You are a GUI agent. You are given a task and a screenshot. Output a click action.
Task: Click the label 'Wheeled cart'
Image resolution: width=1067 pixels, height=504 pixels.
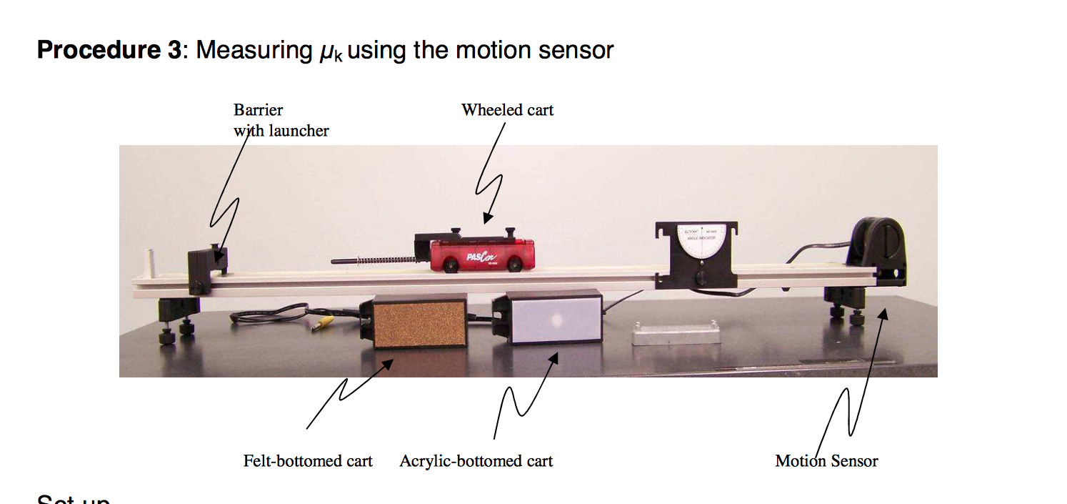(507, 110)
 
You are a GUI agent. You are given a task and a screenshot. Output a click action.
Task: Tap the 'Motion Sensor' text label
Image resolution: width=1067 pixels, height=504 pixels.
(826, 461)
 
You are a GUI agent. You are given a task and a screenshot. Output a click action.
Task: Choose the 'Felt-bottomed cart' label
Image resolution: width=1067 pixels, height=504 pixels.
(308, 461)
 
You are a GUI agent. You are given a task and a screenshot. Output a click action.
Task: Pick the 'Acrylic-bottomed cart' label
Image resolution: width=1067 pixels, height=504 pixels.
(476, 461)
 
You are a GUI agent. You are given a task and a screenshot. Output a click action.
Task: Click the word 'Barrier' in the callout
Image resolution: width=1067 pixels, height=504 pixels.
(258, 110)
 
